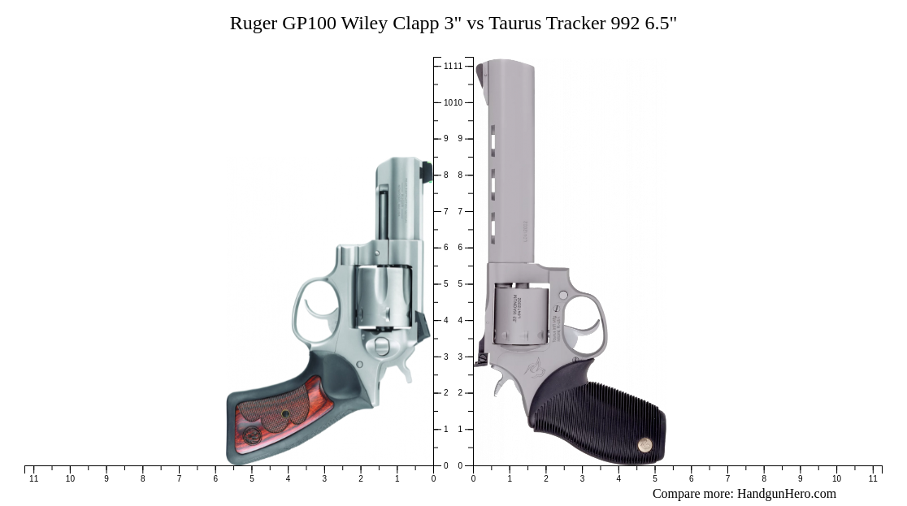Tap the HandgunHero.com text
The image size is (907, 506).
coord(786,494)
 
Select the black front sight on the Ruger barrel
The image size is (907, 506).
coord(426,171)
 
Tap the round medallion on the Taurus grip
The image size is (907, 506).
coord(644,444)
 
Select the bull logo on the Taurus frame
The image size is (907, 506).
coord(536,369)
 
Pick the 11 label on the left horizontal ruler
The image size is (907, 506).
coord(33,479)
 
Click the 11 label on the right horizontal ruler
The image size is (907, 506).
coord(873,479)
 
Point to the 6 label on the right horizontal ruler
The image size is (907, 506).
coord(692,479)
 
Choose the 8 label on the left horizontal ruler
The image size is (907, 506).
coord(142,479)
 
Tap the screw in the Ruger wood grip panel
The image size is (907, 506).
coord(285,414)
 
